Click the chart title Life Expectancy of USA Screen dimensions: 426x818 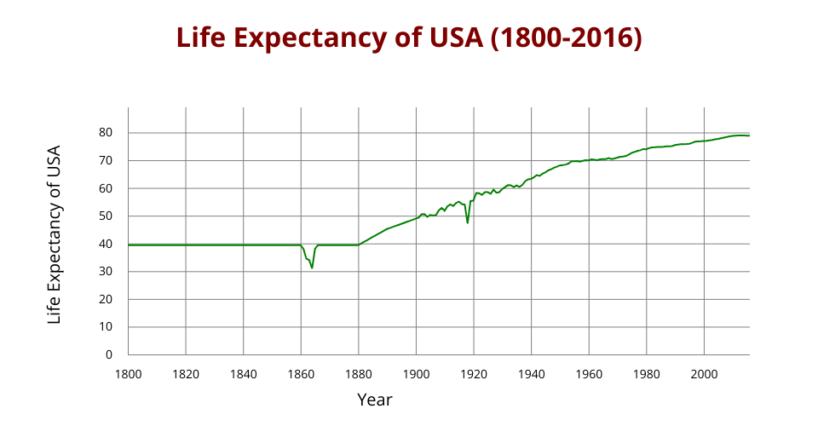(409, 38)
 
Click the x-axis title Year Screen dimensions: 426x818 (375, 399)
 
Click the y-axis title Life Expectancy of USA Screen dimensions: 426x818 (55, 233)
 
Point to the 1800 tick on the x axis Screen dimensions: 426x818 (128, 373)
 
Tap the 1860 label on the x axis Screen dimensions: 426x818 (301, 373)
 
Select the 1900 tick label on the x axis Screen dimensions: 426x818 (416, 373)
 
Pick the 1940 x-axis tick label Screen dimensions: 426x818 (531, 373)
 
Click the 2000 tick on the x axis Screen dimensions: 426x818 (704, 373)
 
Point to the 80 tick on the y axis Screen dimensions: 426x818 (105, 133)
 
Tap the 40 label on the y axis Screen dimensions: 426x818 (105, 244)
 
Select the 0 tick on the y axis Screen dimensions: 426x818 (108, 354)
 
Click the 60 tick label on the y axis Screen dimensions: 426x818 (105, 188)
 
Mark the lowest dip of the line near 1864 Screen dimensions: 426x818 (312, 268)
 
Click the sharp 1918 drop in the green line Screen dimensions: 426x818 (468, 222)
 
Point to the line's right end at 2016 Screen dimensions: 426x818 (749, 135)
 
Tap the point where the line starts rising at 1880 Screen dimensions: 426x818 (358, 245)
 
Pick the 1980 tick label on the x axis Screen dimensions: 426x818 (646, 373)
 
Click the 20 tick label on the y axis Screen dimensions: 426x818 (105, 299)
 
